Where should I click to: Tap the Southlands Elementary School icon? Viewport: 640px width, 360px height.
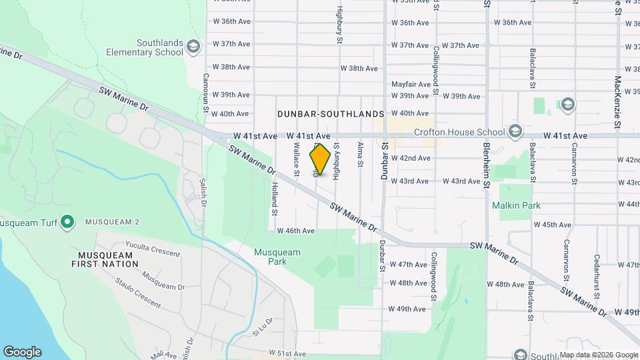[x=193, y=47]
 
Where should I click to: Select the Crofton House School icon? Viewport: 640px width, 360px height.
[x=514, y=131]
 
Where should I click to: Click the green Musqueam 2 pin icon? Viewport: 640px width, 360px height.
[x=67, y=221]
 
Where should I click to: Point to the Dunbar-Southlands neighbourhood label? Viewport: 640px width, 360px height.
[x=331, y=115]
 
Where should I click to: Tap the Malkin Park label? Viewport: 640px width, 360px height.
[x=516, y=206]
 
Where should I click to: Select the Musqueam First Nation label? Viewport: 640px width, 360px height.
[x=108, y=259]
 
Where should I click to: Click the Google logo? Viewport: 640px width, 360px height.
[x=22, y=352]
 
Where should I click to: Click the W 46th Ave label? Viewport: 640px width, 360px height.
[x=296, y=231]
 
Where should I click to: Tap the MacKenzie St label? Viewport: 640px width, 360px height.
[x=618, y=103]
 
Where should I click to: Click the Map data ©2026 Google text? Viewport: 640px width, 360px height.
[x=598, y=355]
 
